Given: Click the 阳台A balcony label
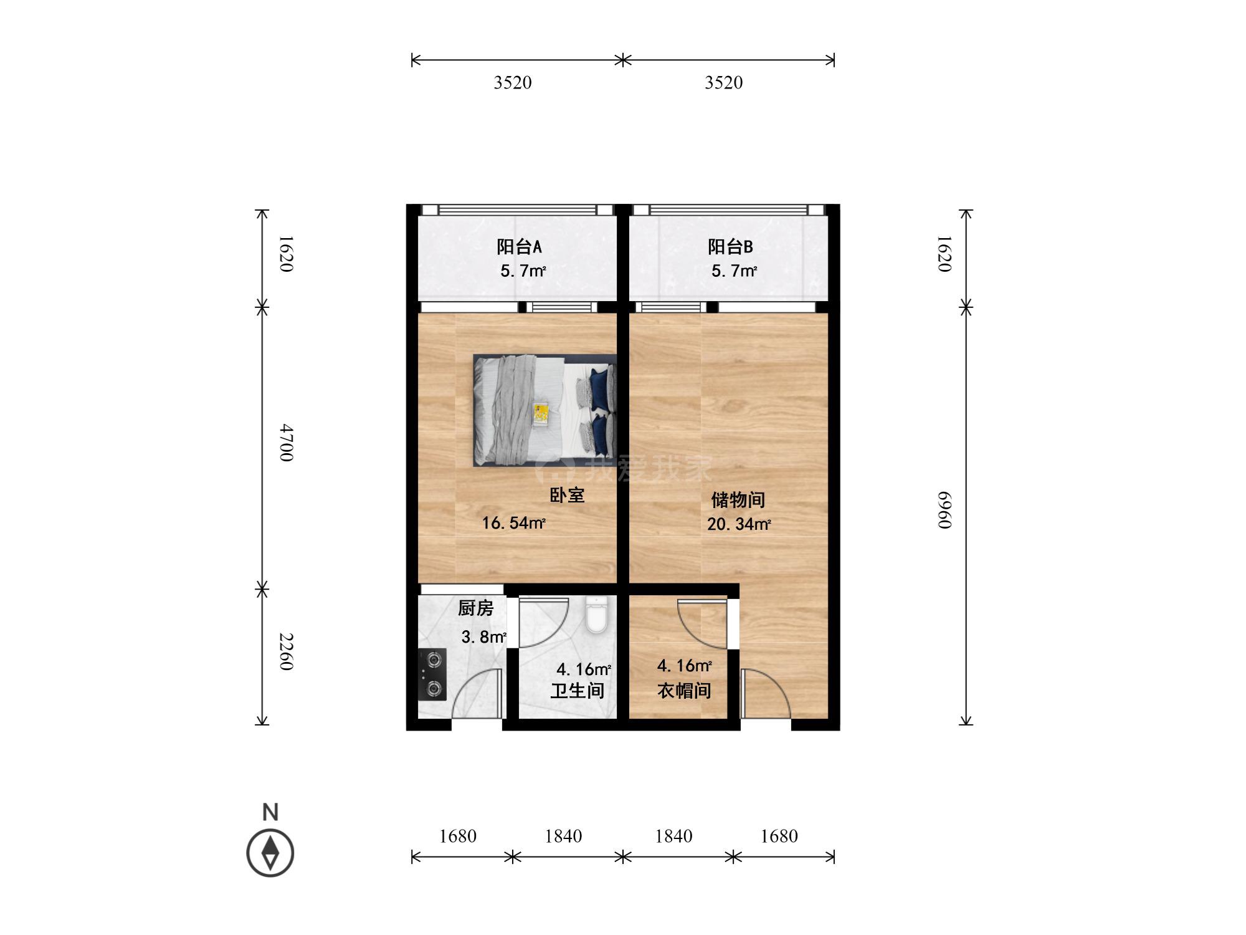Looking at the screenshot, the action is (x=519, y=247).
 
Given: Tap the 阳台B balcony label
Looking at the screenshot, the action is (x=730, y=247).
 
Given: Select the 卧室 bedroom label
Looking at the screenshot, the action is (x=567, y=496).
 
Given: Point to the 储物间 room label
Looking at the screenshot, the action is (x=738, y=499).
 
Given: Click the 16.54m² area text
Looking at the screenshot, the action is (x=513, y=523).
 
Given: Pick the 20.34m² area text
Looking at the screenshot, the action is (x=738, y=524).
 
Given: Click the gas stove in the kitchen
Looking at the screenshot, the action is (x=432, y=674).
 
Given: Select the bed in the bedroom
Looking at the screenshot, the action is (x=545, y=410).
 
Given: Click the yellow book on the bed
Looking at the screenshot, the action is (x=541, y=414).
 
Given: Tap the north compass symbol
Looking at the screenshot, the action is (x=270, y=853).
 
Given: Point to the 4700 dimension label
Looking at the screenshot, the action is (x=285, y=443).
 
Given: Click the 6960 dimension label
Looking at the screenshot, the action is (x=945, y=509).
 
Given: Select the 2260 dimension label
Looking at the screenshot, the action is (x=285, y=651).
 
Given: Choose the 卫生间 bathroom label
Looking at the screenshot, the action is (x=578, y=691).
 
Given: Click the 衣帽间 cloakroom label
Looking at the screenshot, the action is (x=684, y=691).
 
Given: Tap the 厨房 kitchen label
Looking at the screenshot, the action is (x=475, y=608).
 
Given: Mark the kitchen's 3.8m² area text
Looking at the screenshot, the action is (x=483, y=637).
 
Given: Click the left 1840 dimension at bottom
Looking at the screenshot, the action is (x=563, y=836).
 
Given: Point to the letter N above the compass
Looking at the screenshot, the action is (x=270, y=812).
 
